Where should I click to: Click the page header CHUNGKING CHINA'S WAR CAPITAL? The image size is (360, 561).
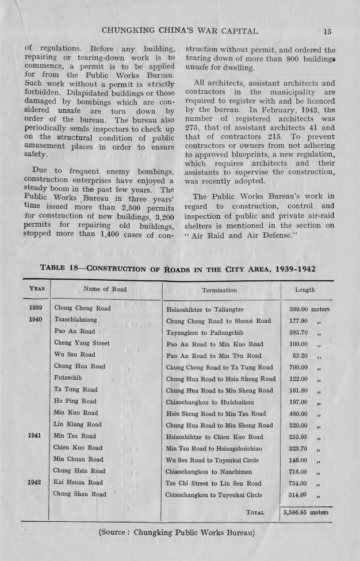[183, 31]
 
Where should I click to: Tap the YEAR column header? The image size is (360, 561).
[37, 289]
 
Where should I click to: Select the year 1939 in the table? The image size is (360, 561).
[37, 308]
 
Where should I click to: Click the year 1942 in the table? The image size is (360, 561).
[36, 482]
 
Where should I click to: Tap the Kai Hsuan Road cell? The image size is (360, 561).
[78, 482]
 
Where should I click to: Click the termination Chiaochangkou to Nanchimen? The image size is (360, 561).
[204, 471]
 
